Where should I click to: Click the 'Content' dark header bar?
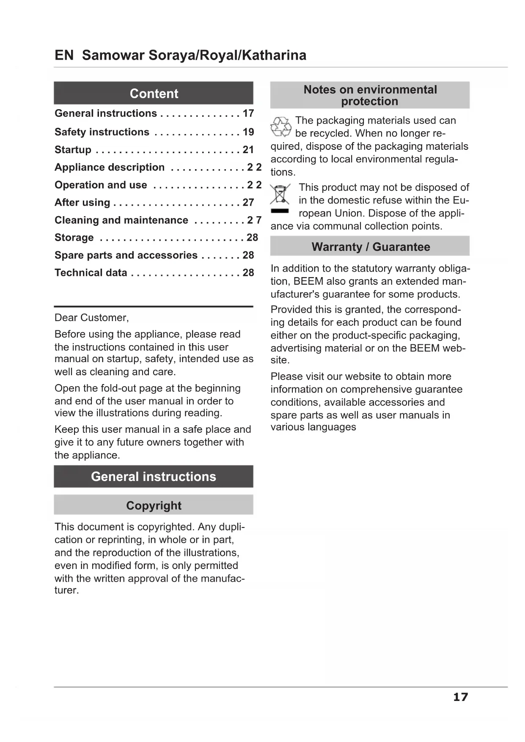154,93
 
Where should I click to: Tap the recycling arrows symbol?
281,126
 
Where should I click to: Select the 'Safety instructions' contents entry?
102,132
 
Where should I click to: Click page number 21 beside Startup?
248,150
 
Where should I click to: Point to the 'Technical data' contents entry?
91,273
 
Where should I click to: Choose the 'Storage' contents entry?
74,238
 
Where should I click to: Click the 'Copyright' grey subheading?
154,505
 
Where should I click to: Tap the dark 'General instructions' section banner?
154,477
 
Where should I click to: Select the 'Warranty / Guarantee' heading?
370,247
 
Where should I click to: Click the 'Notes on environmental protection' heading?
370,95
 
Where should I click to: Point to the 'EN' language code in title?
64,55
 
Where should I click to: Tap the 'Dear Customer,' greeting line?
92,318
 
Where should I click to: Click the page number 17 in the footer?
460,697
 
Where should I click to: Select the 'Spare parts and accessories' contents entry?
126,255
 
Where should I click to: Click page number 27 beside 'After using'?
248,203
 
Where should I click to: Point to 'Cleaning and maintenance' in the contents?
121,220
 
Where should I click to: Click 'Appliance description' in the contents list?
110,168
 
